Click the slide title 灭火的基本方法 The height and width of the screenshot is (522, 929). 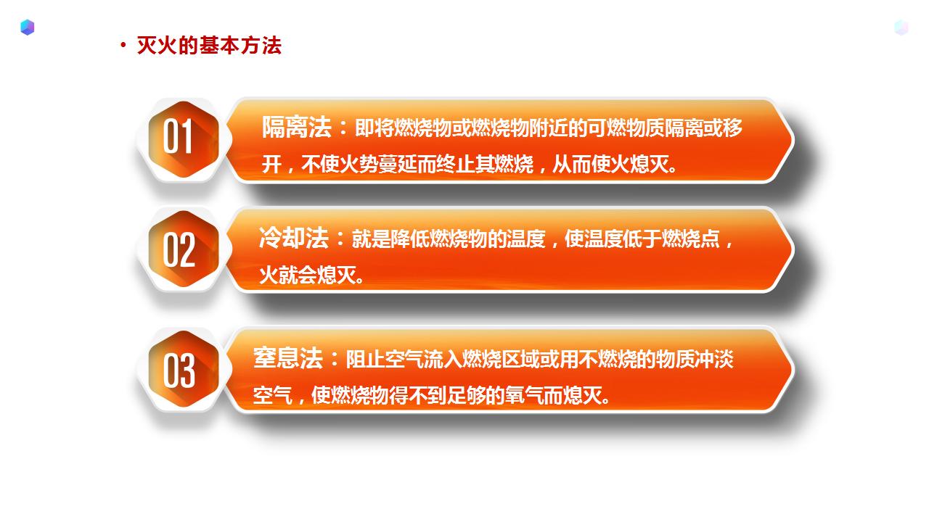click(x=209, y=46)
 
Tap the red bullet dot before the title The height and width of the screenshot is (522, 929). click(x=123, y=45)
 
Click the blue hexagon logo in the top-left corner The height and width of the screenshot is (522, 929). click(x=28, y=28)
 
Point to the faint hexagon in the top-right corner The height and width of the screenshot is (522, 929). click(x=901, y=28)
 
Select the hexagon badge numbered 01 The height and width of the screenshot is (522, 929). click(x=184, y=140)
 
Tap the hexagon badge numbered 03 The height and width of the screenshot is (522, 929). click(x=184, y=369)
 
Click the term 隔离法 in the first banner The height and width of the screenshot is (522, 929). click(x=297, y=127)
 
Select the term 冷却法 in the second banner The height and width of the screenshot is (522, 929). click(x=294, y=238)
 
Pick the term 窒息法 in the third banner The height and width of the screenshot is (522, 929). click(x=288, y=358)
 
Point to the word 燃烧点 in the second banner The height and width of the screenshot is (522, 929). click(x=690, y=239)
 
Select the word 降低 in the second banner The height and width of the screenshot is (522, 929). click(x=410, y=239)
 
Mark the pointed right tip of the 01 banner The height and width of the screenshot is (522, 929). click(x=793, y=140)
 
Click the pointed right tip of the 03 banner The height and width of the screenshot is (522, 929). click(x=793, y=369)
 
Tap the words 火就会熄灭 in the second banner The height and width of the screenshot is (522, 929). click(x=307, y=275)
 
